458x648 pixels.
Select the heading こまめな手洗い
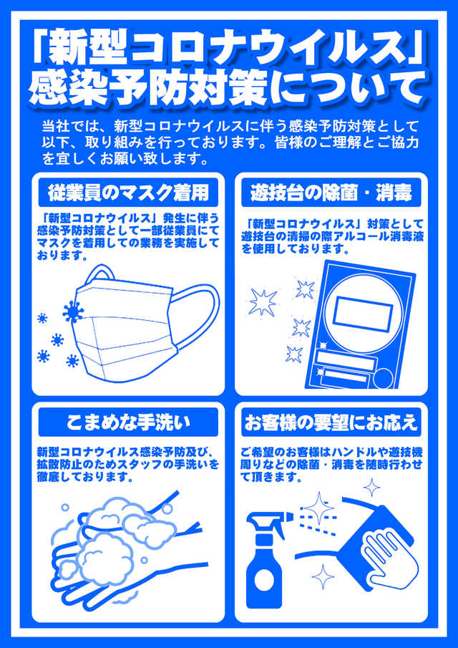coord(128,422)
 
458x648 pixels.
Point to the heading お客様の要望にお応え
coord(331,422)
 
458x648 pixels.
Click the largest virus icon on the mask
coord(73,311)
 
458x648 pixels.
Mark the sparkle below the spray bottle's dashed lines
coord(323,576)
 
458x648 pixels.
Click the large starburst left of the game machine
coord(263,301)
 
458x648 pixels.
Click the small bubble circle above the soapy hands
coord(65,508)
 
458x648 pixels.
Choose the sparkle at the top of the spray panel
coord(371,487)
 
